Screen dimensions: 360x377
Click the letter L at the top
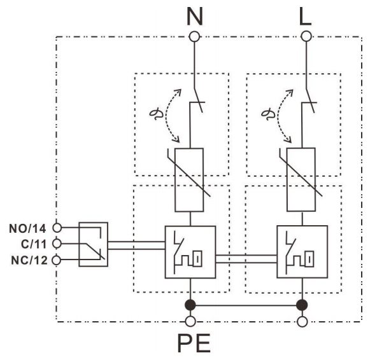coord(306,15)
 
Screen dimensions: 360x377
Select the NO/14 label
coord(29,227)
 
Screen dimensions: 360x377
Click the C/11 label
coord(32,243)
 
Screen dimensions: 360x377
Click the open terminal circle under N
coord(194,36)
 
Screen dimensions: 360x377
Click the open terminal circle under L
coord(306,36)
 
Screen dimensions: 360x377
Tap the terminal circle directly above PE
coord(190,321)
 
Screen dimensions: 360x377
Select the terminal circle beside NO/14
coord(57,227)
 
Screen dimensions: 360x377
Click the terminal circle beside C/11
coord(57,243)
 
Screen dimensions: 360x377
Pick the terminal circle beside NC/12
coord(57,260)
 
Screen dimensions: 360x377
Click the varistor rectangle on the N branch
coord(190,179)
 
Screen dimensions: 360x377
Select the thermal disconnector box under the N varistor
coord(190,252)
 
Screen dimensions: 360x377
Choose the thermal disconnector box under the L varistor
coord(302,252)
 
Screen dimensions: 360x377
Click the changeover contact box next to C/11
coord(93,244)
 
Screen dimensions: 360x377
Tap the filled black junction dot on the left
coord(190,305)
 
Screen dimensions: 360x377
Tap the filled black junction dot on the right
coord(302,305)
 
